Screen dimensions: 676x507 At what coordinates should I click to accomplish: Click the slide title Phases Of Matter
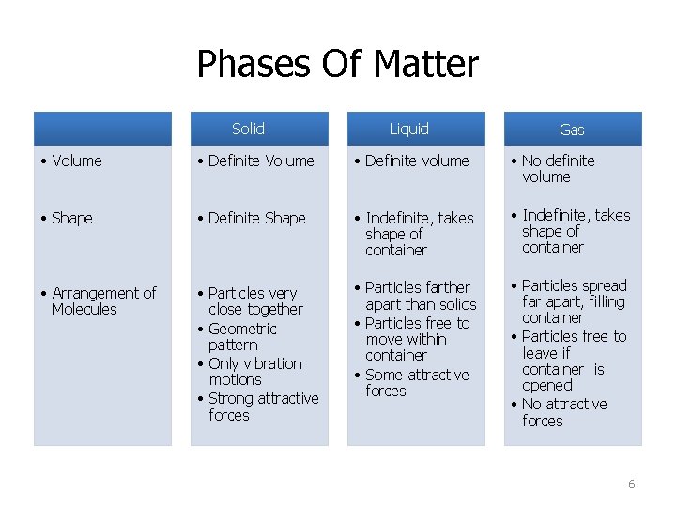point(337,65)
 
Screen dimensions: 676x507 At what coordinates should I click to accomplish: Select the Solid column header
point(248,130)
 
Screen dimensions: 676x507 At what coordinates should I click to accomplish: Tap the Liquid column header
point(408,130)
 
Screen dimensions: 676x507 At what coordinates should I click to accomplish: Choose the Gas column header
point(572,131)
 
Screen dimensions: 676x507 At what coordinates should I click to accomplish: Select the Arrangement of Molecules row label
point(99,301)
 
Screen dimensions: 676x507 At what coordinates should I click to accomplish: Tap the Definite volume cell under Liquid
point(416,161)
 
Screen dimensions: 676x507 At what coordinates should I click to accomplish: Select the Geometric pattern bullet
point(242,337)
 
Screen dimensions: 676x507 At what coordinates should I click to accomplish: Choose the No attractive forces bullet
point(563,413)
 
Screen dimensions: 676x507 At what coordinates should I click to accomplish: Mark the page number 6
point(631,484)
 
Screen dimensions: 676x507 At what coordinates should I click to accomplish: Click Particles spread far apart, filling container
point(573,301)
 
